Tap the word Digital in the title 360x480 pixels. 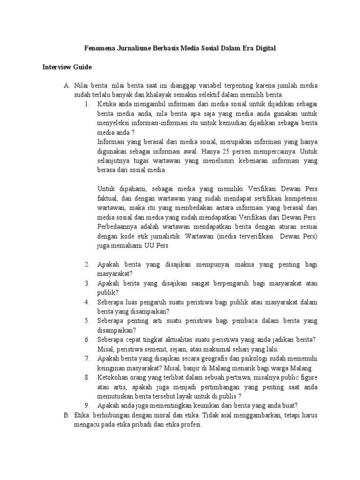(264, 48)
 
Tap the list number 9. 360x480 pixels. (87, 405)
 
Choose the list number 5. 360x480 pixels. (87, 321)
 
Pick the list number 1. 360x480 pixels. (87, 104)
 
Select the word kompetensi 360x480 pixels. (300, 198)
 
